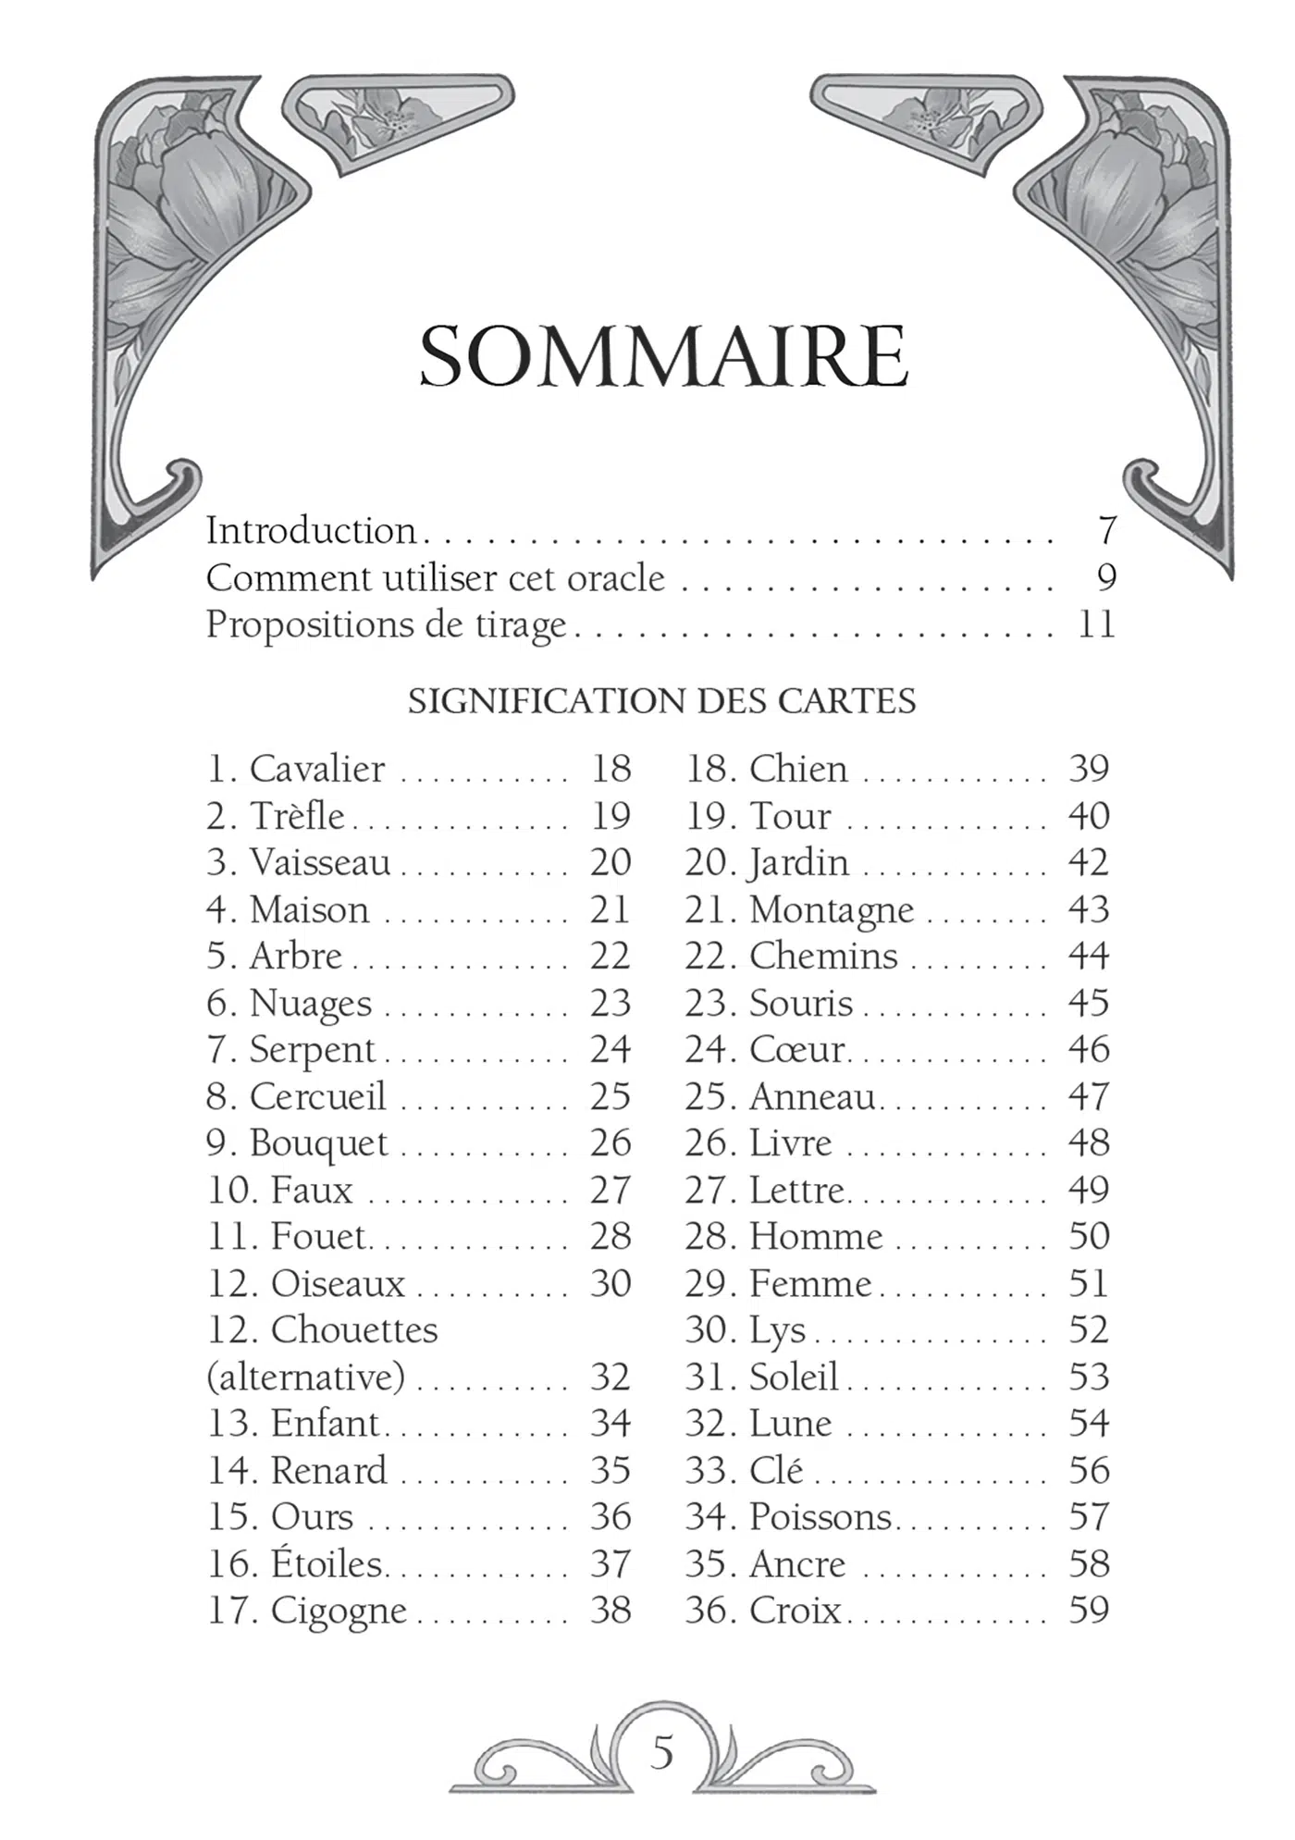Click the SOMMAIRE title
tap(663, 357)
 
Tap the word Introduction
tap(311, 531)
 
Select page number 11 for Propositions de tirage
tap(1096, 624)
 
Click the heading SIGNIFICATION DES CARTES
tap(662, 701)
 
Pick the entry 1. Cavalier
tap(296, 769)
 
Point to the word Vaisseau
tap(320, 863)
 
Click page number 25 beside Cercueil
tap(610, 1097)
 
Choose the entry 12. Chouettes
tap(322, 1330)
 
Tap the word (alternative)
tap(306, 1377)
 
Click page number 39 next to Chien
tap(1089, 769)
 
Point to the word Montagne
tap(832, 910)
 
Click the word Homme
tap(816, 1237)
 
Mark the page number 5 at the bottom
tap(661, 1752)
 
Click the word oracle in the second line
tap(616, 578)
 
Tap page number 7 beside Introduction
tap(1106, 531)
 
